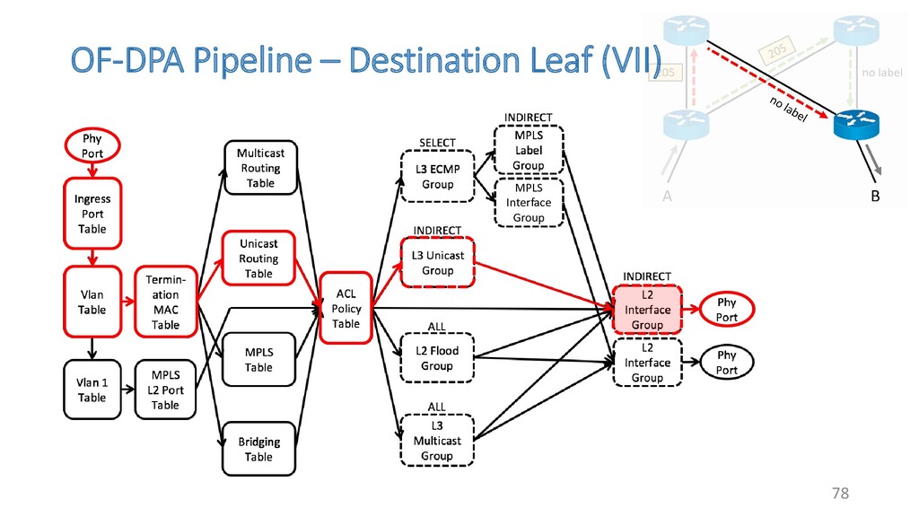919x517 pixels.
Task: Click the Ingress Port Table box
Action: click(92, 214)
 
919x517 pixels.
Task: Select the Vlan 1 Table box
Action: click(92, 390)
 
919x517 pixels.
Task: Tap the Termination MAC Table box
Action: click(165, 302)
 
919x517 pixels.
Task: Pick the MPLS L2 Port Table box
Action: click(165, 390)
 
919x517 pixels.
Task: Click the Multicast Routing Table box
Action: click(260, 168)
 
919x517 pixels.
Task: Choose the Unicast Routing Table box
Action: click(258, 258)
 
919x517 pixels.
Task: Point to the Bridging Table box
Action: click(258, 449)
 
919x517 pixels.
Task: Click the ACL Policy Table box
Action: click(346, 308)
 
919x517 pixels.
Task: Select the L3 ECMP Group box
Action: click(438, 177)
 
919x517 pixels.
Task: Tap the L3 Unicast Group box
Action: click(438, 263)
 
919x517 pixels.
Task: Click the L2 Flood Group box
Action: click(437, 358)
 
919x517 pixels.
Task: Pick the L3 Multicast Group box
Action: click(437, 441)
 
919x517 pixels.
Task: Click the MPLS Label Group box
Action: click(529, 150)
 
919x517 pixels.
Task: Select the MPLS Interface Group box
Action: click(529, 203)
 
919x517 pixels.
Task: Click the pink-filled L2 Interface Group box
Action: click(647, 310)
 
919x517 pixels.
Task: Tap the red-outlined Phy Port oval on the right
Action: click(727, 310)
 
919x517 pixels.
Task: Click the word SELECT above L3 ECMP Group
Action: click(438, 143)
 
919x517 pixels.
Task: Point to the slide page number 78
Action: click(840, 493)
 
